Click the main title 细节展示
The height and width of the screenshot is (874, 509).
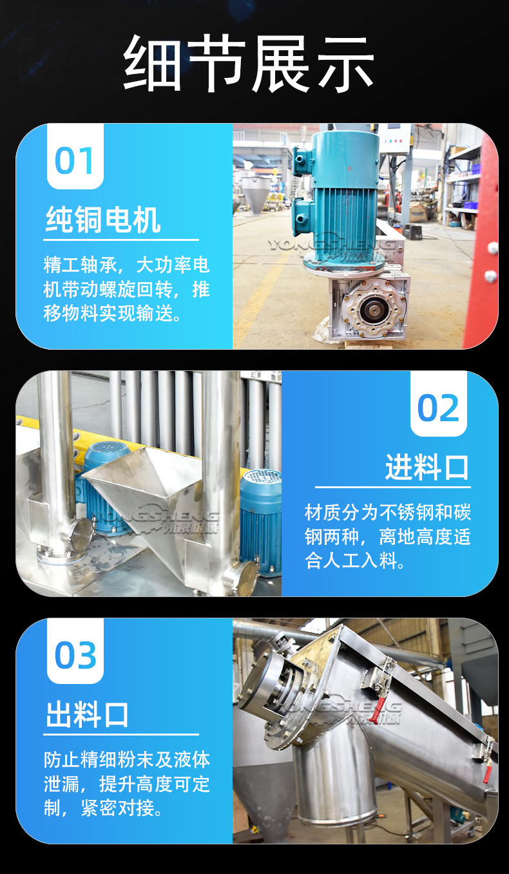249,63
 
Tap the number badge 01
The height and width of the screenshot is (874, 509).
75,157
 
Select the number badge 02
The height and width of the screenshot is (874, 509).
438,404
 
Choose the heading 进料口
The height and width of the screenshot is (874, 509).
427,467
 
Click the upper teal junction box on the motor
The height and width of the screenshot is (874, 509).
303,157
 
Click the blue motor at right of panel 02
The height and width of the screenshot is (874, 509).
260,522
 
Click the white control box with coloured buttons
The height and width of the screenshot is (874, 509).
394,140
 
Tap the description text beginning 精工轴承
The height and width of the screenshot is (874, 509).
127,289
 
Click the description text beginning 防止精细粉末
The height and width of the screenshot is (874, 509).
127,784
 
